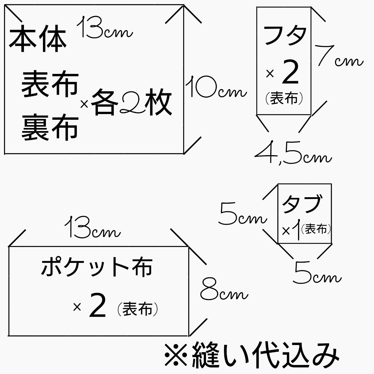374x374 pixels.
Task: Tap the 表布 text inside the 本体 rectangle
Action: [50, 85]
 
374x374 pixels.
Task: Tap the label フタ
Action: [285, 35]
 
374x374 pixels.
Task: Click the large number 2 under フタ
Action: [290, 72]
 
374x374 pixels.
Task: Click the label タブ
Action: [302, 204]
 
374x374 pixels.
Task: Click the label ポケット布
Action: [96, 267]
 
